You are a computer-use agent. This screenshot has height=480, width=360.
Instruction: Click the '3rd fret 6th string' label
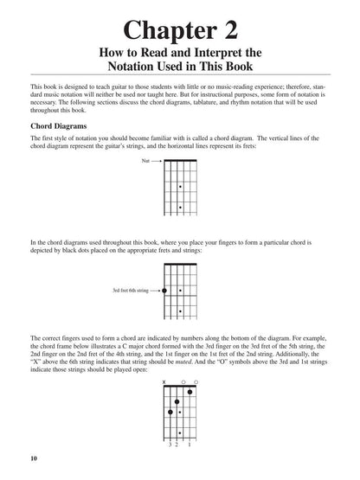[128, 291]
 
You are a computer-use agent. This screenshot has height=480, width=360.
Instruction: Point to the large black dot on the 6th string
[164, 291]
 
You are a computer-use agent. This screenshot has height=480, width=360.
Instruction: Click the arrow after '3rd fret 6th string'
[155, 291]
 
